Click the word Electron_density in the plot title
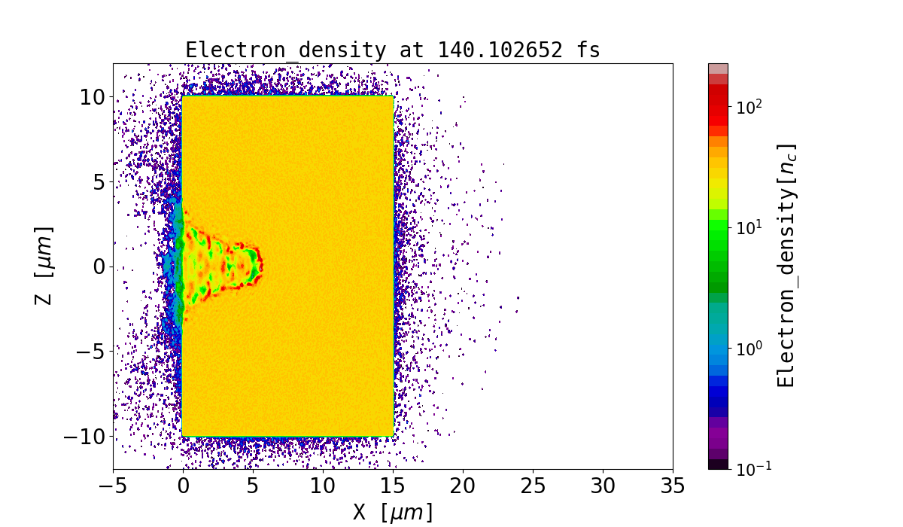284,50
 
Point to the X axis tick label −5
113,487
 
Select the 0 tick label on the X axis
183,487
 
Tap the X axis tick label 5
253,487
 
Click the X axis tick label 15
393,487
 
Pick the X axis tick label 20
463,487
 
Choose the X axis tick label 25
533,487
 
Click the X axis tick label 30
603,487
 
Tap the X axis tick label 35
672,487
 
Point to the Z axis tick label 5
96,182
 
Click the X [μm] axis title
393,513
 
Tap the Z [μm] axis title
44,265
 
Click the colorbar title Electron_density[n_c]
786,265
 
